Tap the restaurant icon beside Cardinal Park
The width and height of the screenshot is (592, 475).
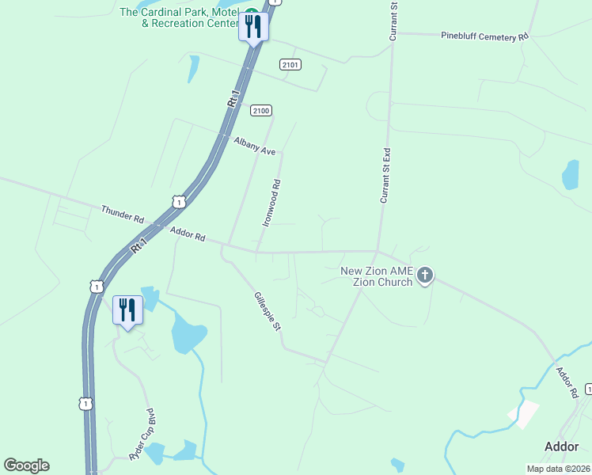(x=253, y=28)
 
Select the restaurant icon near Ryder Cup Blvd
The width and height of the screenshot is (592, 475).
(x=127, y=310)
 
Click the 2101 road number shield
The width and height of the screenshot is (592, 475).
(x=290, y=64)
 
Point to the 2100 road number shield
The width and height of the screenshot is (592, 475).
(x=261, y=110)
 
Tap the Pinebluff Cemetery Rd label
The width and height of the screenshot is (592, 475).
(x=484, y=36)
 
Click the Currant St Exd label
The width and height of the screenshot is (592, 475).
(x=385, y=175)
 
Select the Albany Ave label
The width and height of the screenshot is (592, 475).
(x=254, y=146)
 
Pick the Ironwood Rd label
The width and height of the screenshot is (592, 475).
(x=272, y=203)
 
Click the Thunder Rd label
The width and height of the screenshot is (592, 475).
(x=123, y=215)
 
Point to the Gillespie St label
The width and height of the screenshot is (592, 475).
(x=268, y=311)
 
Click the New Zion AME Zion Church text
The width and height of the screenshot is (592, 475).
(x=377, y=276)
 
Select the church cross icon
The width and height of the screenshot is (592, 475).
(x=425, y=275)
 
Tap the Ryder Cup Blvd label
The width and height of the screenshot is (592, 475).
(x=141, y=436)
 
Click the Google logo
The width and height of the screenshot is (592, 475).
(x=26, y=465)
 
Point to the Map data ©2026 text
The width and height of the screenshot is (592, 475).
(x=558, y=469)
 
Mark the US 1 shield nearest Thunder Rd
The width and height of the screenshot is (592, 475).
(x=180, y=203)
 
